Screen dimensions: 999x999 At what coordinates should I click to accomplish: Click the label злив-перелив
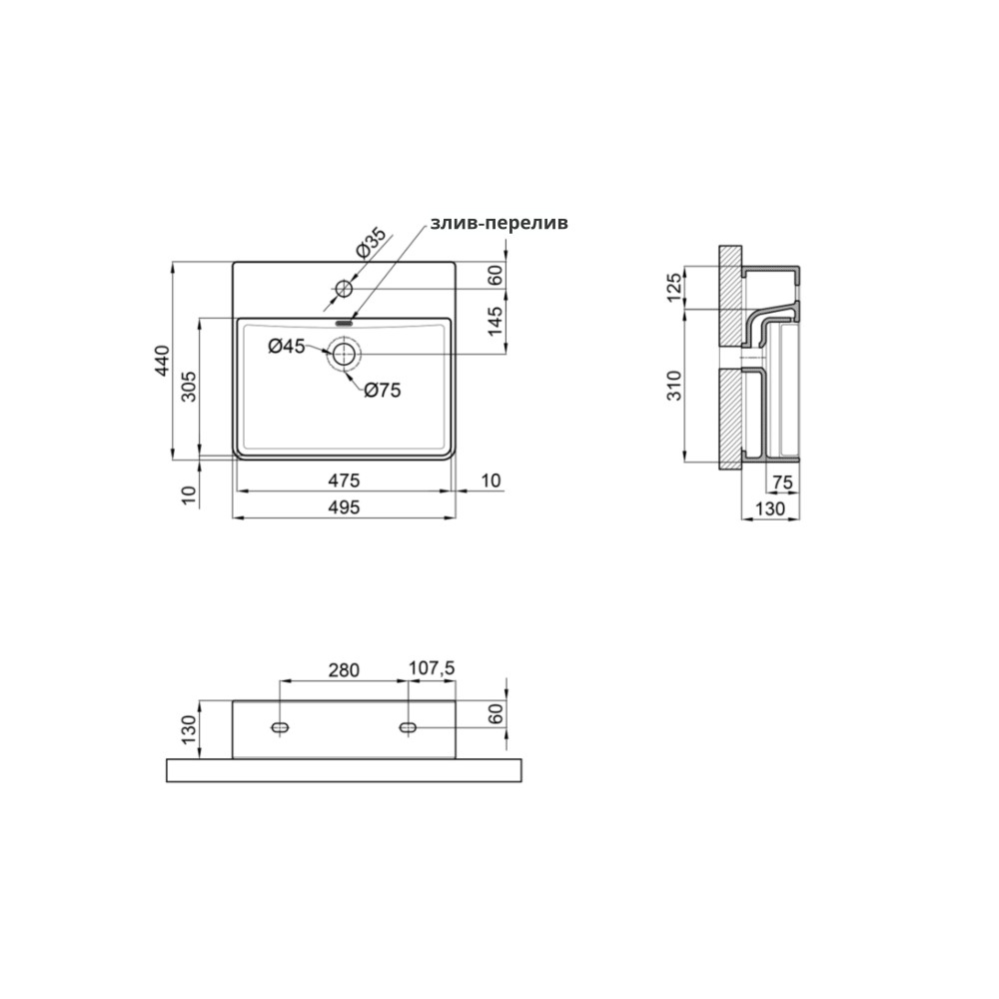click(x=499, y=224)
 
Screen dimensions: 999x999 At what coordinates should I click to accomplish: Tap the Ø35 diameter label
click(x=372, y=243)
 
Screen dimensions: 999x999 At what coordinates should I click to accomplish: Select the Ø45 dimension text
click(x=287, y=347)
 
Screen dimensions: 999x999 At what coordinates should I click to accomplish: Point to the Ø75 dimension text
click(x=383, y=390)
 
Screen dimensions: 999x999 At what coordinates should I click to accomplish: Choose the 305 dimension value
click(x=189, y=386)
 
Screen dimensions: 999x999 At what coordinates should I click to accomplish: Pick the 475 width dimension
click(x=344, y=481)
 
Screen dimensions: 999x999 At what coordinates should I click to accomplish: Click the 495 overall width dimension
click(x=344, y=507)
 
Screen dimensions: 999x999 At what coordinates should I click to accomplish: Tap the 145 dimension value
click(x=496, y=321)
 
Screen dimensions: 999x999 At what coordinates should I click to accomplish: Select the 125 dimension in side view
click(x=673, y=288)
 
